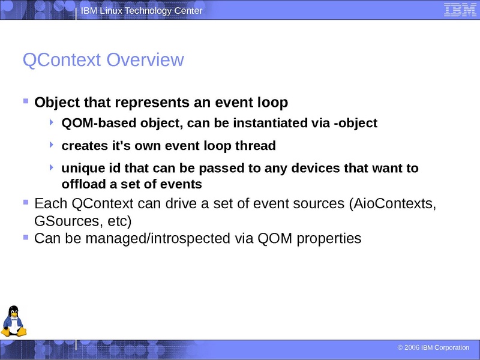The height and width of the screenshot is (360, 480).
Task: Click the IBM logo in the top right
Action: [457, 10]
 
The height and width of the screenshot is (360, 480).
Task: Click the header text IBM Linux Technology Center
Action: [142, 11]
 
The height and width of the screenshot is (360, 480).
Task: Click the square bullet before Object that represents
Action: [26, 101]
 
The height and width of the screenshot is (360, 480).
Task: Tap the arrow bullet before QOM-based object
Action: [52, 122]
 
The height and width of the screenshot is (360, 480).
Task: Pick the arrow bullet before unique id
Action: [52, 167]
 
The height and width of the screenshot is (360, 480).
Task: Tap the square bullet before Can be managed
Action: [26, 238]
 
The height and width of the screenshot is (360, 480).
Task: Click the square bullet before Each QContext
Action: [26, 202]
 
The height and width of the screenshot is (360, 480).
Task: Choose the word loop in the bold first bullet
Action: [273, 103]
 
